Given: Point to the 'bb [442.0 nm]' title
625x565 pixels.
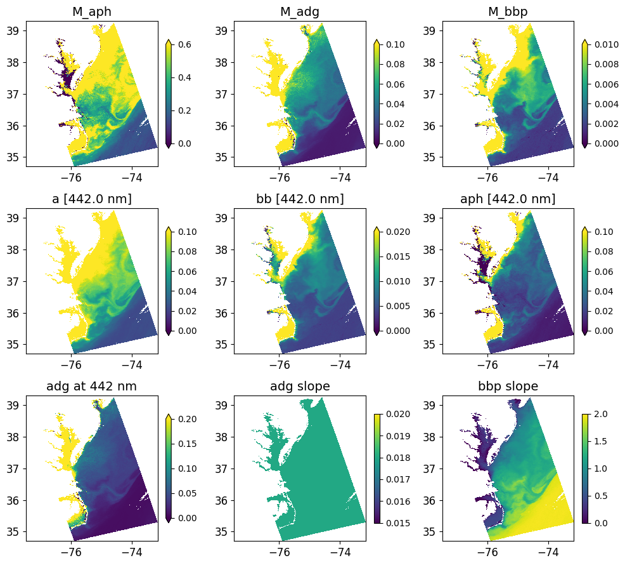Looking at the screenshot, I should pyautogui.click(x=300, y=199).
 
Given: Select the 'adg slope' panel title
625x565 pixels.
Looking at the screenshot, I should pyautogui.click(x=300, y=387).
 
